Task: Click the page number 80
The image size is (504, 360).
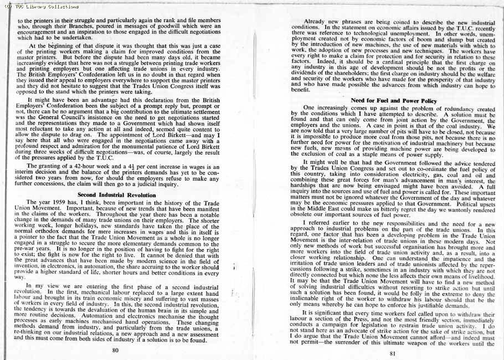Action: tap(115, 350)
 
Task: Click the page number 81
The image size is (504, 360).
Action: tap(393, 353)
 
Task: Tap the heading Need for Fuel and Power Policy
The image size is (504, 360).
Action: tap(394, 100)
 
